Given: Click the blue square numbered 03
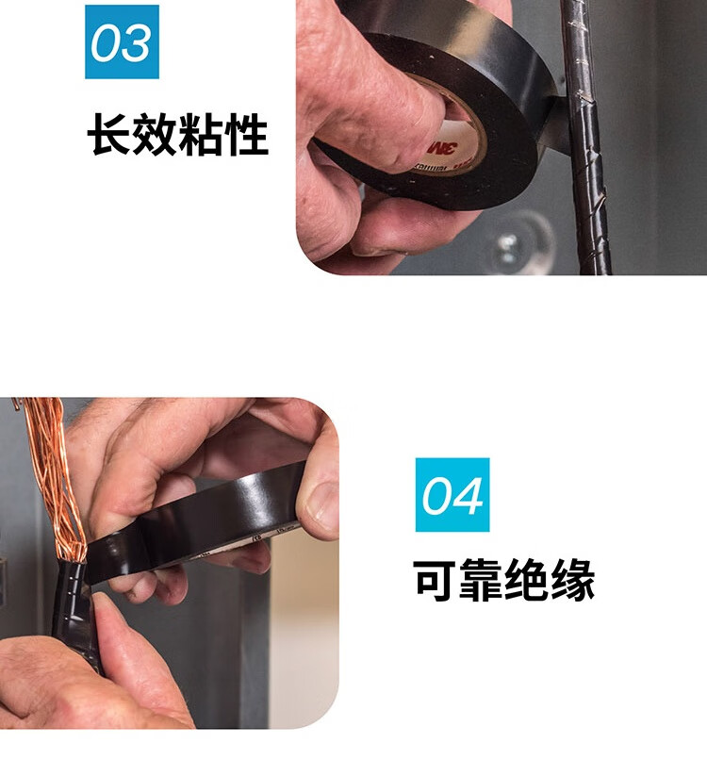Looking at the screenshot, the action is coord(122,41).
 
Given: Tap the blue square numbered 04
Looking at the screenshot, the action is coord(452,494).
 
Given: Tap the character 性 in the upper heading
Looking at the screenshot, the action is coord(246,135).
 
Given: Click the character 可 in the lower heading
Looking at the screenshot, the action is coord(435,580).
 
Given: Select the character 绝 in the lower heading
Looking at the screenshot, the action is coord(526,580).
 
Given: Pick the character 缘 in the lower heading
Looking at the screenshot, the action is coord(572,580).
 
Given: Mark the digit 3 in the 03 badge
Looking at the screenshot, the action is coord(134,43).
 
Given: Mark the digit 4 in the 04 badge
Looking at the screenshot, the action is coord(467,496).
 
